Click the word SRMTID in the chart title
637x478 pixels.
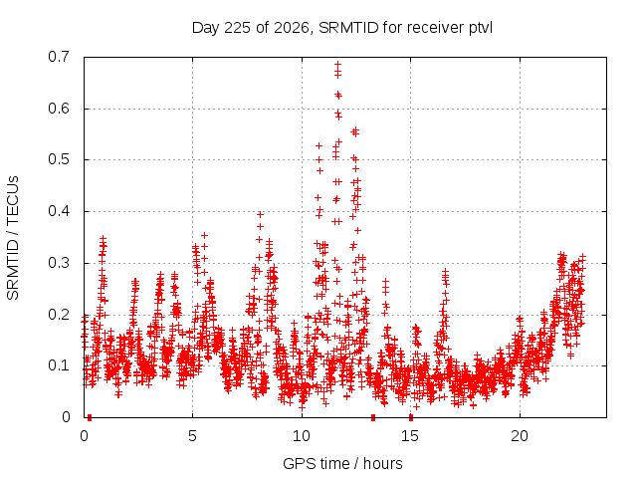tap(349, 28)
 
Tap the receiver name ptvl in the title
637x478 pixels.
tap(481, 29)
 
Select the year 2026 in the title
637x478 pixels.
tap(292, 28)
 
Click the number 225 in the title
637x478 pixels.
tap(238, 28)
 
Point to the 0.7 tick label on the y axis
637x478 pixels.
tap(59, 57)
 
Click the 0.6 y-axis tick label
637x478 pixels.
tap(59, 109)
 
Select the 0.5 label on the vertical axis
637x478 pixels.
tap(59, 159)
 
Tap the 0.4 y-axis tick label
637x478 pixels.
tap(59, 211)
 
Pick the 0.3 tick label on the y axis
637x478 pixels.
tap(59, 263)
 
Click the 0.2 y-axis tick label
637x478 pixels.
tap(59, 315)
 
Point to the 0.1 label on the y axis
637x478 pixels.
tap(59, 365)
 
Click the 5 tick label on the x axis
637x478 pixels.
tap(192, 436)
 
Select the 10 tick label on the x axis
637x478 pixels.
tap(302, 436)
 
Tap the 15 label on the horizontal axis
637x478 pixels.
tap(410, 436)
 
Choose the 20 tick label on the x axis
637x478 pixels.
tap(520, 436)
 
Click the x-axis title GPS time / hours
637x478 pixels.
tap(342, 464)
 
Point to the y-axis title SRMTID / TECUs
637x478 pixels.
tap(13, 238)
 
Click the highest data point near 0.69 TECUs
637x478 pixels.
tap(338, 64)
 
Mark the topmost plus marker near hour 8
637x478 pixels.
tap(261, 215)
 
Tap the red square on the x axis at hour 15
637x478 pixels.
tap(411, 417)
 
